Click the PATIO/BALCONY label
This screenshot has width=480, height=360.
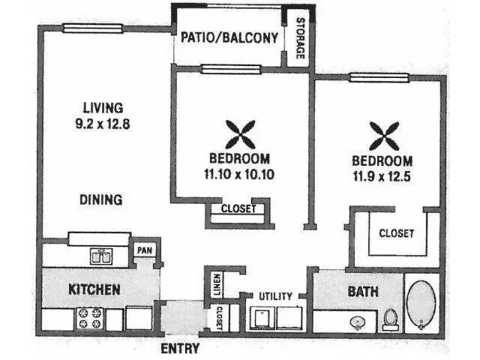coord(229,37)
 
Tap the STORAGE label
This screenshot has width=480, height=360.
coord(301,38)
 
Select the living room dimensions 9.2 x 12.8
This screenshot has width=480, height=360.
coord(103,124)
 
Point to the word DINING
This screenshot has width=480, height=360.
coord(101,199)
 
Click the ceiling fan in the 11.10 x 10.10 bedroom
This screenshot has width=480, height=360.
coord(240,134)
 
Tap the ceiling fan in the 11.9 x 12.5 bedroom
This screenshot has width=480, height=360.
coord(384,136)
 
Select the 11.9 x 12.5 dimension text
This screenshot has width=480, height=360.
coord(382,176)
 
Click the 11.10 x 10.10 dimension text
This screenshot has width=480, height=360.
coord(239,174)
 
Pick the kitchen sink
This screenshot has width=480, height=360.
coord(101,256)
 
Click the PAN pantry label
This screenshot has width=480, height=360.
coord(145,250)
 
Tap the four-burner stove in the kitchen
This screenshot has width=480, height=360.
coord(90,318)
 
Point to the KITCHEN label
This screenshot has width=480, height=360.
coord(94,289)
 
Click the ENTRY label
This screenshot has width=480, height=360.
coord(180,348)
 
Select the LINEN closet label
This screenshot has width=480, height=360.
coord(217,285)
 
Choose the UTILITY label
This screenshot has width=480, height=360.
coord(275,296)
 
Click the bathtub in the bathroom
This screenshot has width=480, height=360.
coord(421,304)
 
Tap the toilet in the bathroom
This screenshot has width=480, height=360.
coord(390,320)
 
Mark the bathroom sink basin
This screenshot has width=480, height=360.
coord(358,323)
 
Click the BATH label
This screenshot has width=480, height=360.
coord(363,292)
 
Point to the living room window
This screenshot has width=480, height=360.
coord(93,28)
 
